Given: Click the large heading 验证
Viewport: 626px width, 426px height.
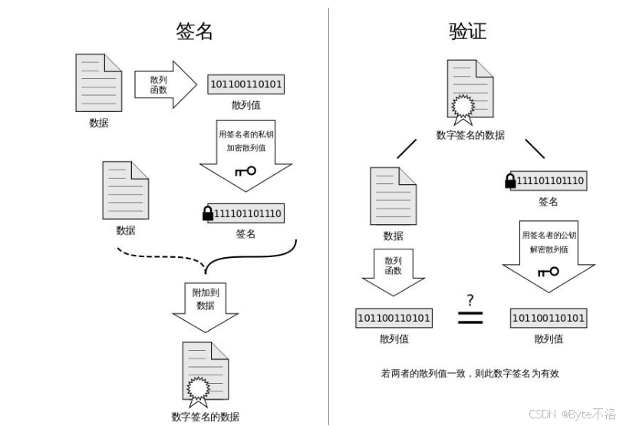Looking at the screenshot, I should pos(467,31).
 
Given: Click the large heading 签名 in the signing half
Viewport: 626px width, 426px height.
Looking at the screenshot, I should pos(195,31).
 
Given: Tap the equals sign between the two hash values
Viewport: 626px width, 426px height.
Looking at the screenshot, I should pos(470,317).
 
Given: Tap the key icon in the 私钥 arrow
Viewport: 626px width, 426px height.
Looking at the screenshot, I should pos(246,171).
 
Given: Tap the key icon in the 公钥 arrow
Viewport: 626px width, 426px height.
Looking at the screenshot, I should pos(548,272).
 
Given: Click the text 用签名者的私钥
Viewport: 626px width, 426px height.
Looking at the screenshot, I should pos(246,134).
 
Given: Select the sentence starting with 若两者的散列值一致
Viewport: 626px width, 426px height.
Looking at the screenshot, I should pos(470,374).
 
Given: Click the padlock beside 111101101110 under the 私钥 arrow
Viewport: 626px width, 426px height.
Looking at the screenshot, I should pos(207,213).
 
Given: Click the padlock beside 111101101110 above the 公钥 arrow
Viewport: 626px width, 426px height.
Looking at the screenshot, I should pos(509,181).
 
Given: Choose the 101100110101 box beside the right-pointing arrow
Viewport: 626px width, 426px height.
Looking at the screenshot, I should pos(246,84).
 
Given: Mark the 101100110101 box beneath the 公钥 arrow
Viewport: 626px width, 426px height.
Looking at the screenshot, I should pos(548,318).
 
